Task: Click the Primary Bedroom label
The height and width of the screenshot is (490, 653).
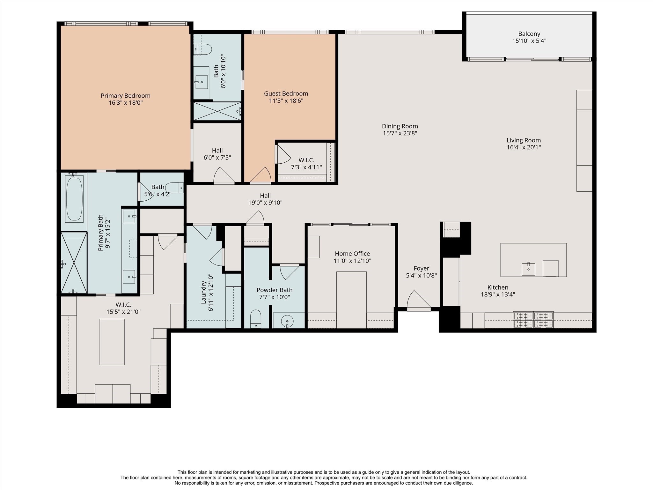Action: [x=125, y=95]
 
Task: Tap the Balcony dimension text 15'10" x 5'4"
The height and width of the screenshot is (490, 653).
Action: [x=529, y=41]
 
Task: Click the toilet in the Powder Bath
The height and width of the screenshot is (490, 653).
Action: [x=256, y=318]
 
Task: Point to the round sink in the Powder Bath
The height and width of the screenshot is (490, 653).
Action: [x=287, y=321]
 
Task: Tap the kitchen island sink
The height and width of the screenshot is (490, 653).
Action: [x=528, y=269]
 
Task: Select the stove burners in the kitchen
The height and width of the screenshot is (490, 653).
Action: [x=533, y=320]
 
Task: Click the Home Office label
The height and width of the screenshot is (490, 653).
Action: [x=352, y=254]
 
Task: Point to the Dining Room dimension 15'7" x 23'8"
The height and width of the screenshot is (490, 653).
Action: [x=400, y=133]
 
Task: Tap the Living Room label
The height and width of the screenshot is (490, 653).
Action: [x=524, y=140]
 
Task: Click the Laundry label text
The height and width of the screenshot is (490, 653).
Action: [x=203, y=292]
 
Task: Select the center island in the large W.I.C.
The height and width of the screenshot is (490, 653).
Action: [x=112, y=342]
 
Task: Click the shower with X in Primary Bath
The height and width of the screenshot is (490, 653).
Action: [x=74, y=262]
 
